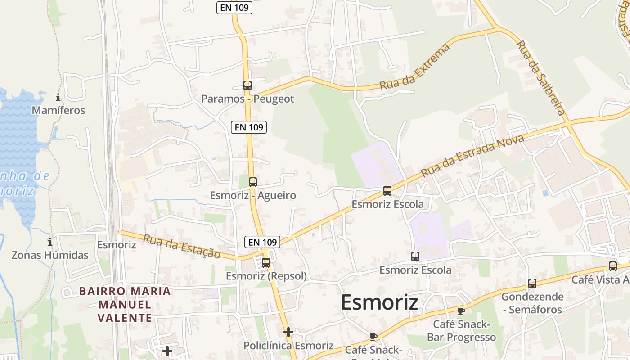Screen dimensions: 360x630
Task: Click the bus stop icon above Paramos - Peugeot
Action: (x=247, y=85)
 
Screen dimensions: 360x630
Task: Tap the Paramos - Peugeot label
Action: (x=247, y=99)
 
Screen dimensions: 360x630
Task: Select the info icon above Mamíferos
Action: (x=58, y=97)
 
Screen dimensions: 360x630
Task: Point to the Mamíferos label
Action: (x=58, y=110)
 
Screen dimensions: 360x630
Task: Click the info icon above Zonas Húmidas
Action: (x=50, y=242)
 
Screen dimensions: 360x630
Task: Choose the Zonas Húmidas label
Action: (x=50, y=255)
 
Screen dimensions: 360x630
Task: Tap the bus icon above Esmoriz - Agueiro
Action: (x=253, y=182)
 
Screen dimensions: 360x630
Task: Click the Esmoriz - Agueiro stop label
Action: (x=253, y=195)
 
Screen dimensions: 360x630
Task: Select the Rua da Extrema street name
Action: (x=414, y=67)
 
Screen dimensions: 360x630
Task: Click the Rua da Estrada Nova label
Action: (x=472, y=156)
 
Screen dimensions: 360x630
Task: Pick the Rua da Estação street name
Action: (x=182, y=246)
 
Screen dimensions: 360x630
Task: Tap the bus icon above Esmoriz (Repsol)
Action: (x=266, y=262)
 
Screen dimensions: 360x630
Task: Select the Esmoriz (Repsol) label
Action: (x=266, y=276)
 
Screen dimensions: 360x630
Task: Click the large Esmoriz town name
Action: (x=379, y=302)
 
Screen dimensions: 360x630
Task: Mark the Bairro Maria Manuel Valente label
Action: (x=125, y=304)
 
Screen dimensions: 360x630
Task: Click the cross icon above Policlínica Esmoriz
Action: (x=288, y=332)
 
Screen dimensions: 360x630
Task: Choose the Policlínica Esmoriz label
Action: (x=288, y=346)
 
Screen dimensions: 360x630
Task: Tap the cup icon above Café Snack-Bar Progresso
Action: (x=461, y=310)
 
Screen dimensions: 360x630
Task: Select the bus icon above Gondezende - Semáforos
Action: (x=532, y=283)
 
